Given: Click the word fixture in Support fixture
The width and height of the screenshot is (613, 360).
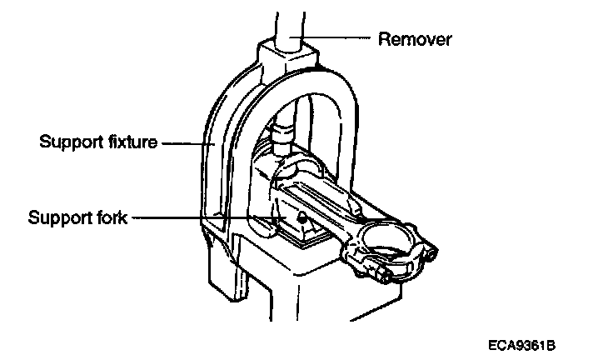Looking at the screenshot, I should (129, 142).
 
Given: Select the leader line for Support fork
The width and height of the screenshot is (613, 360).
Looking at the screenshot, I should (200, 218).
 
